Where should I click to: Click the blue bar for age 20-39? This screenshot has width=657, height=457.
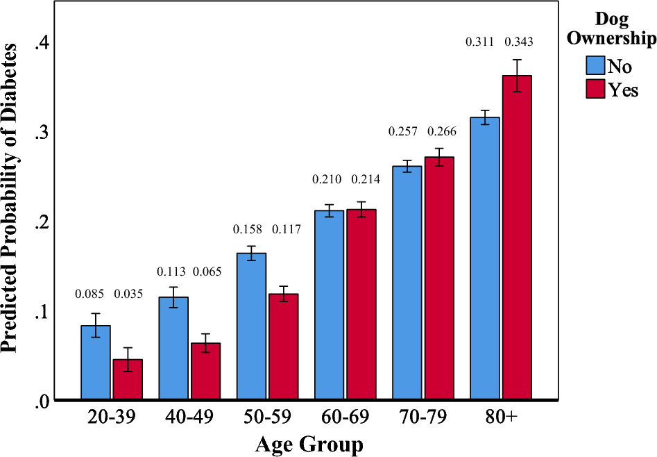pos(95,363)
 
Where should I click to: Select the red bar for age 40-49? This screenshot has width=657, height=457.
pos(205,372)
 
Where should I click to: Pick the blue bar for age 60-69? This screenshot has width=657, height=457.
pos(329,305)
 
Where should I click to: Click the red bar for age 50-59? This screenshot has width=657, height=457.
pos(284,347)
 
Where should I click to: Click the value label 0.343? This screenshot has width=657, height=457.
pos(518,43)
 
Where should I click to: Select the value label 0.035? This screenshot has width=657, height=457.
pos(128,294)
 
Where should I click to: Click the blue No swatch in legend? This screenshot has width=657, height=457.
pos(595,65)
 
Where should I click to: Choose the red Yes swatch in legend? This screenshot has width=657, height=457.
pos(595,89)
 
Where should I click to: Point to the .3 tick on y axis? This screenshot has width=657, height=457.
pos(42,132)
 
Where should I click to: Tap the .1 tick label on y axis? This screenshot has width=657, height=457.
pos(42,310)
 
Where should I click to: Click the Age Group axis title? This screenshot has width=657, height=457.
pos(309,444)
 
